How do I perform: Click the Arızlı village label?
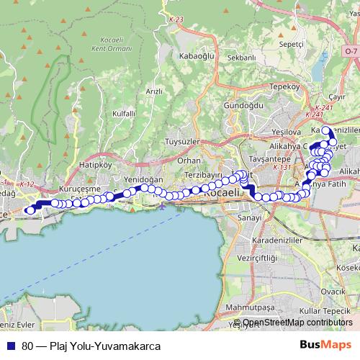point(154,91)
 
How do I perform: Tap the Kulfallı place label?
point(125,114)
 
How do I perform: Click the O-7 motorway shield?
point(351,52)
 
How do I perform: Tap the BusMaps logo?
point(325,345)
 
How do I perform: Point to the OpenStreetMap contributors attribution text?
point(297,323)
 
